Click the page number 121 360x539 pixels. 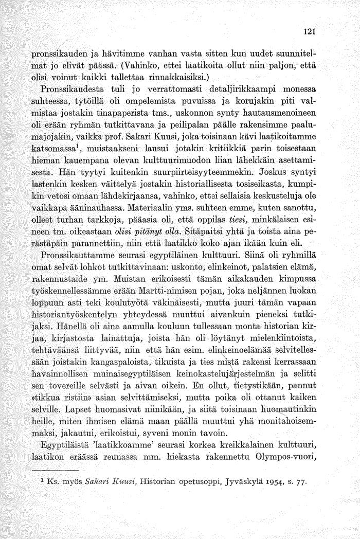(308, 30)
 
